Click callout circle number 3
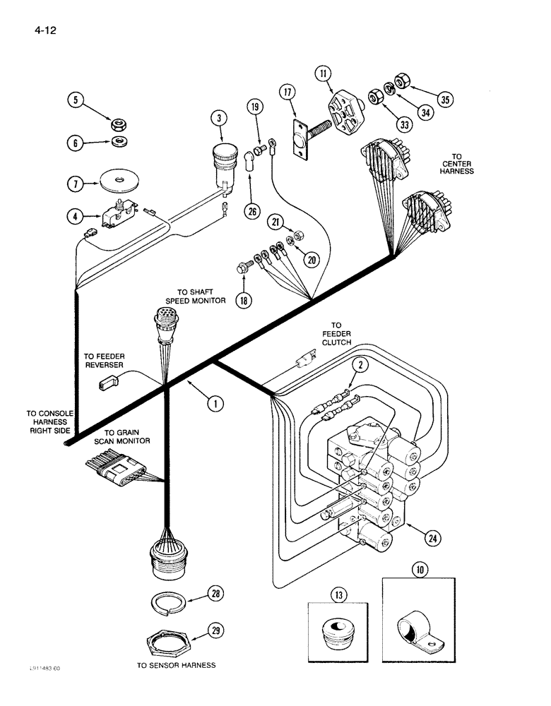(x=220, y=119)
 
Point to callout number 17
(x=287, y=92)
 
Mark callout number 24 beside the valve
(x=431, y=539)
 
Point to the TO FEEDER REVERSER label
(x=104, y=360)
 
